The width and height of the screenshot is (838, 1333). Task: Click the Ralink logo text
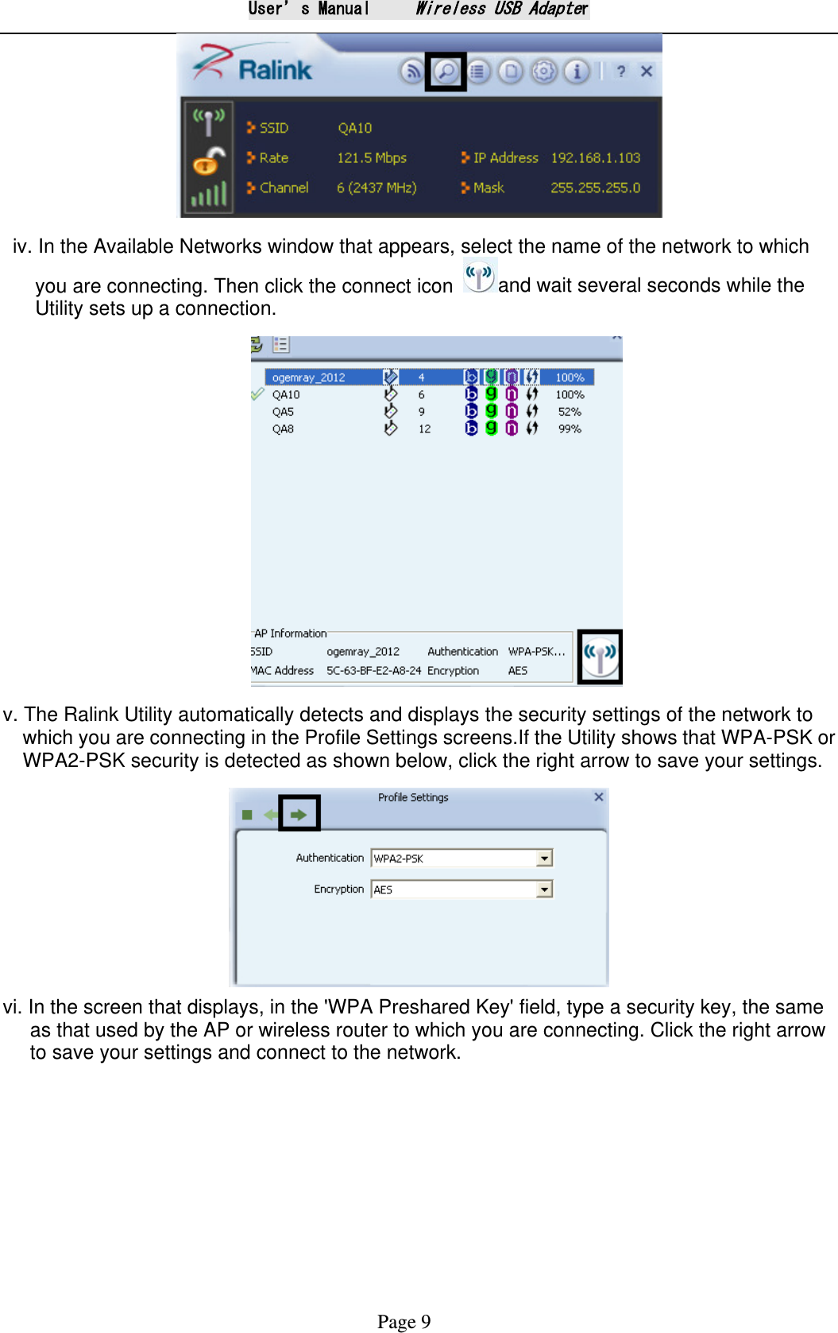(x=275, y=70)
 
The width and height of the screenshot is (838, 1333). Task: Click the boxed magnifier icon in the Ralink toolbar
(x=446, y=72)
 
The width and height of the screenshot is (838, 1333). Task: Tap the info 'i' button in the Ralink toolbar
(x=577, y=72)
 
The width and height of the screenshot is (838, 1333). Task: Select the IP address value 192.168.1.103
(x=595, y=158)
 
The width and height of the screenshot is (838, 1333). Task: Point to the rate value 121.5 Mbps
(x=371, y=158)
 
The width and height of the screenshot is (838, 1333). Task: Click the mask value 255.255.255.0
(x=595, y=188)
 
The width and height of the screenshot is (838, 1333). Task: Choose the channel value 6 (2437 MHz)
(x=376, y=188)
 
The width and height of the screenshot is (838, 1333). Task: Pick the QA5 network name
(x=283, y=412)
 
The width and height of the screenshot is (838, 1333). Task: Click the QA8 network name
(x=283, y=429)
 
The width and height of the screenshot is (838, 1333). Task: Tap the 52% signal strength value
(x=570, y=412)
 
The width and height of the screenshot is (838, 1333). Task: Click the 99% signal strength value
(x=570, y=429)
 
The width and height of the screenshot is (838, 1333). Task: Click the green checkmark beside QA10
(x=257, y=394)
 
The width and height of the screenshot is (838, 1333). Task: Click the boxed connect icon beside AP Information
(x=600, y=657)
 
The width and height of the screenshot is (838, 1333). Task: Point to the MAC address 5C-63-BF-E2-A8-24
(x=373, y=671)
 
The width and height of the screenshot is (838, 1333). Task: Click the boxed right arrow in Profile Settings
(x=299, y=814)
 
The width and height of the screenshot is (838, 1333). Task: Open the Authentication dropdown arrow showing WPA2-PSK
(x=544, y=858)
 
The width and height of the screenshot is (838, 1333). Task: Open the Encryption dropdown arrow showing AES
(x=544, y=889)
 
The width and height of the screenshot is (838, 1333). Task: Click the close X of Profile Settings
(x=599, y=797)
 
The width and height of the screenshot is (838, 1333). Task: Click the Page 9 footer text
(x=404, y=1321)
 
